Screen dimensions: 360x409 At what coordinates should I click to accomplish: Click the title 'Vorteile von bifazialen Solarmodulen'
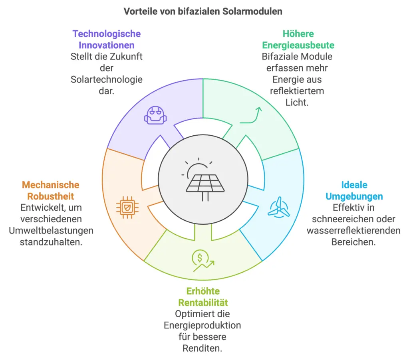coord(203,11)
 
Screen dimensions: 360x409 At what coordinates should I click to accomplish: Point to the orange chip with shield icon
coord(125,206)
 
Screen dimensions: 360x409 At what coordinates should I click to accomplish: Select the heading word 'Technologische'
coord(107,34)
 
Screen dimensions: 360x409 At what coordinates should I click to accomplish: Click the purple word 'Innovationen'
coord(107,45)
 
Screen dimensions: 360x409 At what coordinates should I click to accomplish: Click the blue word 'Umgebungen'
coord(354,196)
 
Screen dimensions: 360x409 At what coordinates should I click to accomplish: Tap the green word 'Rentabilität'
coord(203,302)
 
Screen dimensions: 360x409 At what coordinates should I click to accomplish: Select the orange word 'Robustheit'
coord(51,196)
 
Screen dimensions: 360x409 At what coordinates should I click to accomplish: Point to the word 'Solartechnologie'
coord(107,79)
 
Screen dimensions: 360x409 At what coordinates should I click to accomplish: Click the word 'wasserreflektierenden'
coord(353,230)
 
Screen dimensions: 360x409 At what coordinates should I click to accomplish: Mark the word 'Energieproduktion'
coord(203,325)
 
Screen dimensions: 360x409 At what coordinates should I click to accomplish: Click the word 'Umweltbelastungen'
coord(51,230)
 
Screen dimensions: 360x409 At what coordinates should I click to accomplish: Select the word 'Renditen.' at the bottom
coord(203,348)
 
